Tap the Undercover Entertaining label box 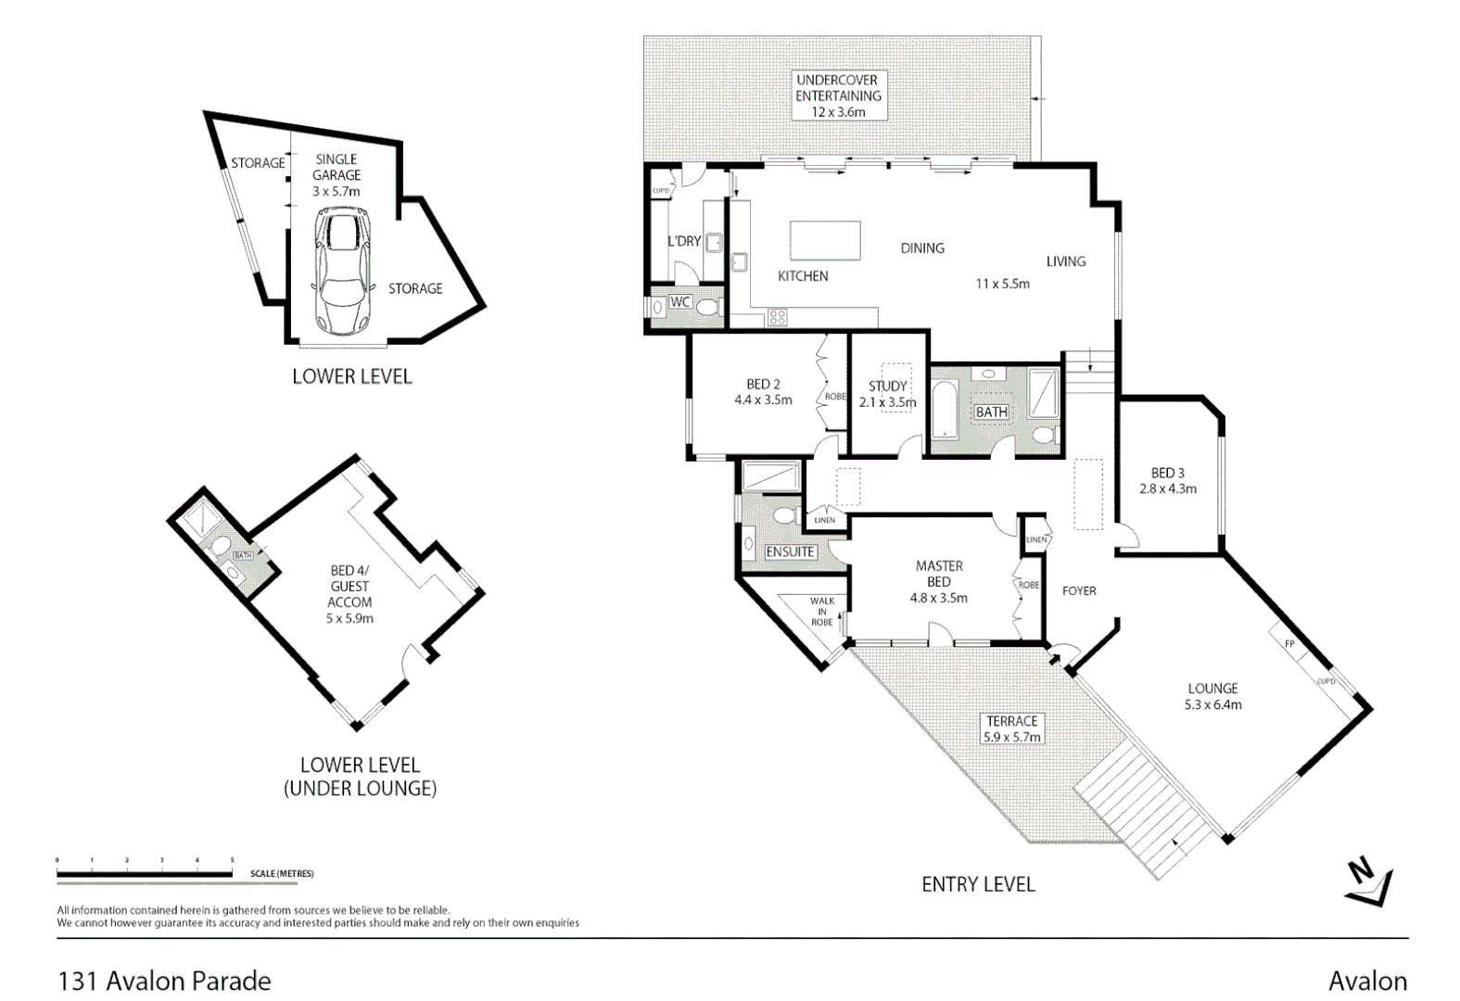pos(837,95)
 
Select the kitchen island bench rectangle pos(825,241)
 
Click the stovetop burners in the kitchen pos(778,318)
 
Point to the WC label pos(680,302)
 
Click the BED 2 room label pos(763,392)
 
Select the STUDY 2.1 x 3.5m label pos(887,394)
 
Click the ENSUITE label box pos(790,551)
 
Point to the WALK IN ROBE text pos(821,612)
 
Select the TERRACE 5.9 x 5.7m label pos(1011,729)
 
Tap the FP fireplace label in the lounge pos(1289,644)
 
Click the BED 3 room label pos(1167,480)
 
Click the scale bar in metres pos(145,873)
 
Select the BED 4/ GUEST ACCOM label pos(349,594)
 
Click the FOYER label pos(1079,590)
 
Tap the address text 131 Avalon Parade pos(164,981)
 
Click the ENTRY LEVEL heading pos(978,884)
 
